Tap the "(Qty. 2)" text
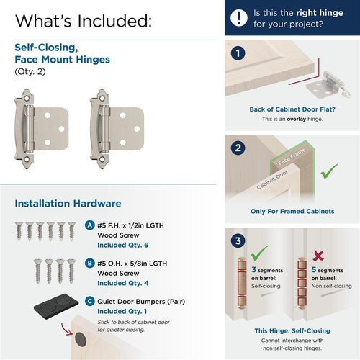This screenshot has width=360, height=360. pyautogui.click(x=30, y=72)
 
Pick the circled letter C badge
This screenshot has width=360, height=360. pyautogui.click(x=89, y=301)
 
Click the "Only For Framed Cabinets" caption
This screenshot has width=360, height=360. pyautogui.click(x=292, y=212)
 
